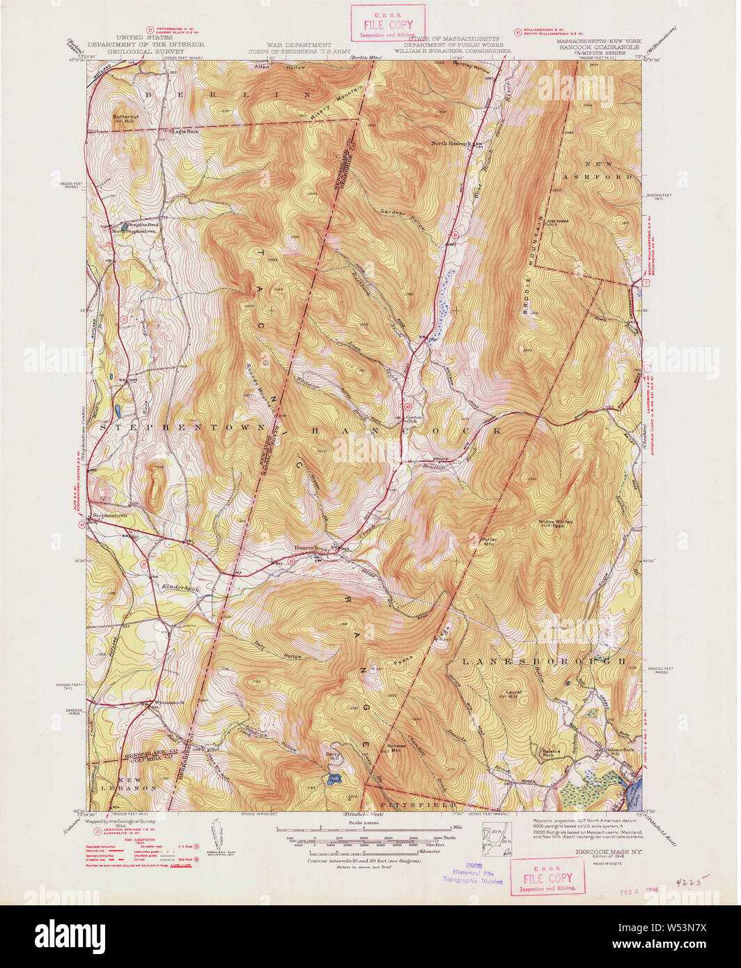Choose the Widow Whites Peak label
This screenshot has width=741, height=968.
tap(555, 524)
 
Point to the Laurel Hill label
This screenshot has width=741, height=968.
tap(513, 694)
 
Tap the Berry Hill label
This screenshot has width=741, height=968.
tap(335, 756)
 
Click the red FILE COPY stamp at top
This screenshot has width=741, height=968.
tap(387, 23)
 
